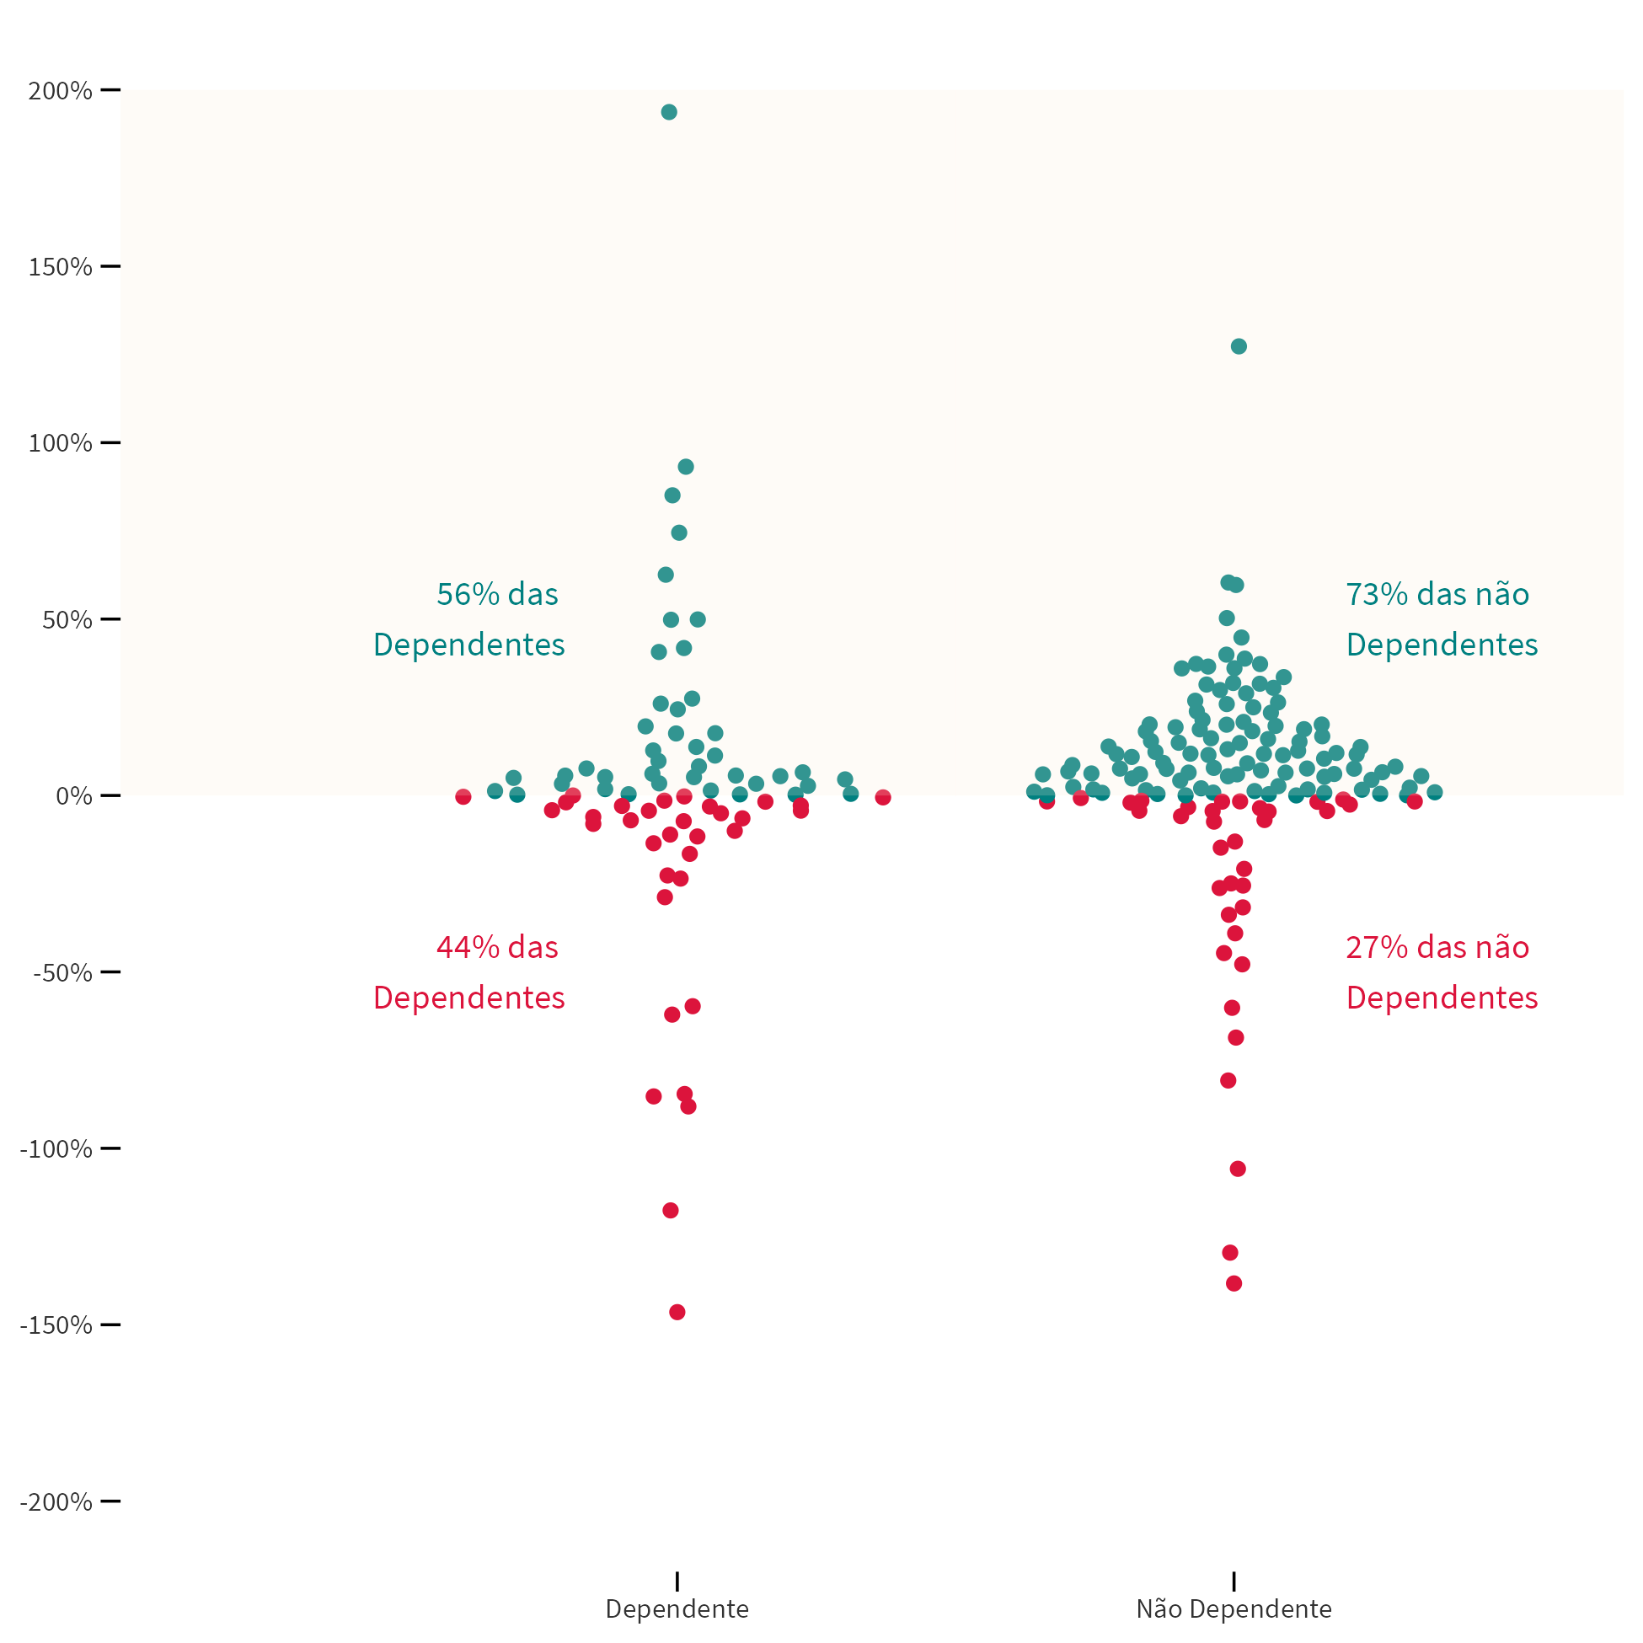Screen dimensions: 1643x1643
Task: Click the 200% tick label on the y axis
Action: point(60,91)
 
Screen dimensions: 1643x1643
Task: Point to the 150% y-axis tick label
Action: point(60,267)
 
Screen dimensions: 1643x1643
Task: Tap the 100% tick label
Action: point(60,443)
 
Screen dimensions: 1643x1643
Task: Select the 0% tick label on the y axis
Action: point(73,796)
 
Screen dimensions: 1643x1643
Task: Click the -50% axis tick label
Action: point(62,973)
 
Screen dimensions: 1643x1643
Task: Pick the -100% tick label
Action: point(56,1150)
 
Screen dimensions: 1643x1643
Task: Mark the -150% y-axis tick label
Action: point(56,1326)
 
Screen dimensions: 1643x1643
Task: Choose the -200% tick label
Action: point(56,1502)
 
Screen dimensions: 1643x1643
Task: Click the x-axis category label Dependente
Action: point(677,1610)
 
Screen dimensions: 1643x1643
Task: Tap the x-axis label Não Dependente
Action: point(1234,1610)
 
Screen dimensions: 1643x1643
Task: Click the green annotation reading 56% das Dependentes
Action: point(469,619)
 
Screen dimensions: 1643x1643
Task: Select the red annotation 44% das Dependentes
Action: point(469,972)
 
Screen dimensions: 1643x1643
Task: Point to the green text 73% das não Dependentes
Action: point(1442,619)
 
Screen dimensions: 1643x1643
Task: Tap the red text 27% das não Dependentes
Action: point(1442,972)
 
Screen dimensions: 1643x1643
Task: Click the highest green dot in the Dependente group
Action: point(669,112)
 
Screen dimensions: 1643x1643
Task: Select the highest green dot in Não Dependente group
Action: point(1239,346)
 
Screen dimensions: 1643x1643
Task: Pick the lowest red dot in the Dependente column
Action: point(677,1312)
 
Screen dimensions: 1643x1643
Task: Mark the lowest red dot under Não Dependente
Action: point(1234,1283)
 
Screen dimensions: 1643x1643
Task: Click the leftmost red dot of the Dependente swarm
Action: point(463,797)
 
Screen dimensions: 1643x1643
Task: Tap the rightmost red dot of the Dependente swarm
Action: point(883,797)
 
